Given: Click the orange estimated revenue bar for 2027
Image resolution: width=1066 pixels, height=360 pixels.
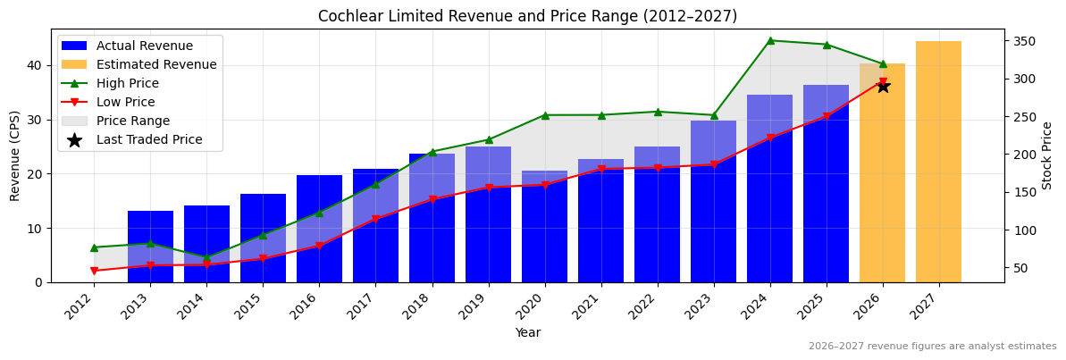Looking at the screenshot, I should pyautogui.click(x=938, y=161).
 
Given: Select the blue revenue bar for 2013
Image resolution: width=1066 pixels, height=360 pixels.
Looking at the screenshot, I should pyautogui.click(x=150, y=247).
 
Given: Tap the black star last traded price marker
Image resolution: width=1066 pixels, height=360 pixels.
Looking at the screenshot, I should pyautogui.click(x=883, y=86).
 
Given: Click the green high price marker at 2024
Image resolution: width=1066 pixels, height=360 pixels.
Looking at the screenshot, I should pyautogui.click(x=770, y=40).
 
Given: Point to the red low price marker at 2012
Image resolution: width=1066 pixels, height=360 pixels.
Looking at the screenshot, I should pyautogui.click(x=94, y=271).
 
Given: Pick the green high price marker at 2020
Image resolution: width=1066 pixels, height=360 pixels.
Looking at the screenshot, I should pyautogui.click(x=545, y=115).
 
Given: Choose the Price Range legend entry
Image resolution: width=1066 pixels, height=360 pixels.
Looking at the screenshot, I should pyautogui.click(x=133, y=121).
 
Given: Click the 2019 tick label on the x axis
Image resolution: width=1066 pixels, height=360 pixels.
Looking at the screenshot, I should pyautogui.click(x=483, y=306).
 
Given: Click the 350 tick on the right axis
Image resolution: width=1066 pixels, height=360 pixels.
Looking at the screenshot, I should pyautogui.click(x=1024, y=41).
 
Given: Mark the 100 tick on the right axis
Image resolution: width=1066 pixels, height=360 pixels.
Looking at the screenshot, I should pyautogui.click(x=1024, y=230).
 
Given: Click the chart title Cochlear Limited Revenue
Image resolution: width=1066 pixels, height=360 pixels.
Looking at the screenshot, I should pyautogui.click(x=527, y=16).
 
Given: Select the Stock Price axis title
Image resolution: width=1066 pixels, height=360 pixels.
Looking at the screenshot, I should pyautogui.click(x=1047, y=155).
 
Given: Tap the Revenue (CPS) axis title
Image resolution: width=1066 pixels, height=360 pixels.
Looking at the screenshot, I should pyautogui.click(x=15, y=155).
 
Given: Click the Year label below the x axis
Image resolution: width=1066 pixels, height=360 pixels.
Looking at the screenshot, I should pyautogui.click(x=527, y=332).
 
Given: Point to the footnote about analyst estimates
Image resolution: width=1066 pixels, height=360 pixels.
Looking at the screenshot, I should pyautogui.click(x=932, y=347).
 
